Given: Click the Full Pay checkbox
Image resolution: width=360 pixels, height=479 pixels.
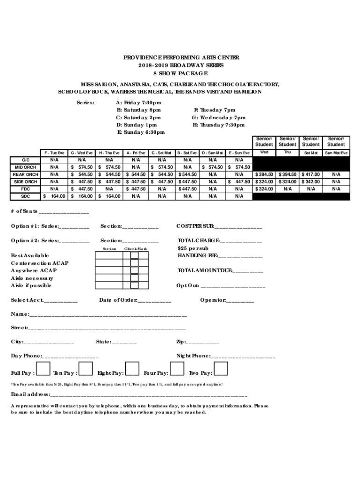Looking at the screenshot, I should [x=43, y=369].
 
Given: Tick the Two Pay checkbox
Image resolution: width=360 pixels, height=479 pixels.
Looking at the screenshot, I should [x=220, y=369].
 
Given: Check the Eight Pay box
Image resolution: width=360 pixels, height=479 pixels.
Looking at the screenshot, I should [x=132, y=369].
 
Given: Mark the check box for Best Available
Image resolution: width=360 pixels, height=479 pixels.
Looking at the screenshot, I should [x=134, y=255].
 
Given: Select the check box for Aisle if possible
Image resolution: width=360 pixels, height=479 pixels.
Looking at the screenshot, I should [x=134, y=285].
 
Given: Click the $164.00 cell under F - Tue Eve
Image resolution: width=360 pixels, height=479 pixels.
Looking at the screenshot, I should [x=54, y=196].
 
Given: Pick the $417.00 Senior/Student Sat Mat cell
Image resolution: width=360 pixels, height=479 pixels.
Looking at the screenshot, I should [x=311, y=174].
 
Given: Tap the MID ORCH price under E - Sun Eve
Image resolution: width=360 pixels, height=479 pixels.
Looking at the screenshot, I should [x=239, y=167].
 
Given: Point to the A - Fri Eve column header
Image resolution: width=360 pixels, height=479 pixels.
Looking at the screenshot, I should [x=135, y=153].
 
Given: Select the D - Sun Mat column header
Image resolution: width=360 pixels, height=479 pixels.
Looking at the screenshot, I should [x=213, y=153].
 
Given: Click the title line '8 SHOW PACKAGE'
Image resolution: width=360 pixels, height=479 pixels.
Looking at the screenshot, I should [x=180, y=74].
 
